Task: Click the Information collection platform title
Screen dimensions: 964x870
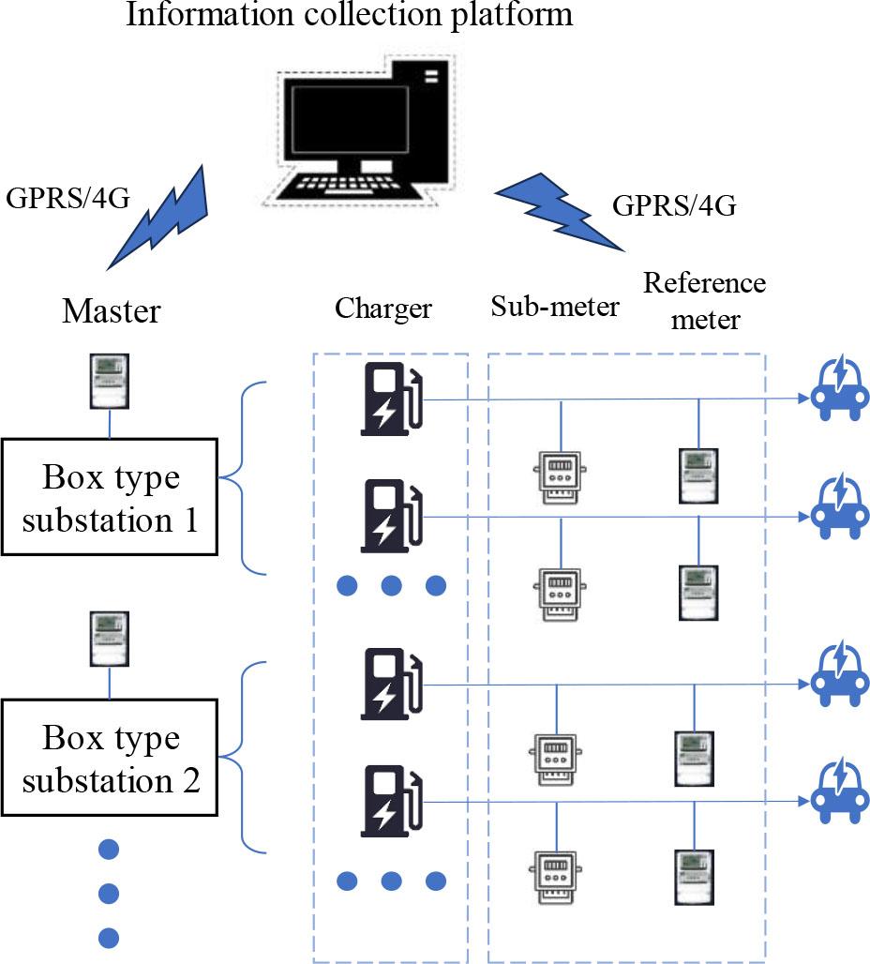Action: click(x=350, y=16)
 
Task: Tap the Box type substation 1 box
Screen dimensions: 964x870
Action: click(x=110, y=496)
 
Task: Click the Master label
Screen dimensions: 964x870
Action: click(x=111, y=311)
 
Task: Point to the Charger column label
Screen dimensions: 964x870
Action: click(x=383, y=308)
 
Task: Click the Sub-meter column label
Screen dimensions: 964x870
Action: click(x=555, y=306)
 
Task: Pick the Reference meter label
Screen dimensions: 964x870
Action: click(x=704, y=301)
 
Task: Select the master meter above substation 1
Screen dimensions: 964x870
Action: click(x=109, y=381)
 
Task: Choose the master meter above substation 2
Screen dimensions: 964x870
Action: click(x=109, y=641)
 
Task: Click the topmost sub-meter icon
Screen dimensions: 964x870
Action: click(x=560, y=474)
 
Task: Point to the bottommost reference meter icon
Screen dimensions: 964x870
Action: click(x=695, y=875)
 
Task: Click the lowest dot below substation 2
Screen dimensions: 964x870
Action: click(x=109, y=935)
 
